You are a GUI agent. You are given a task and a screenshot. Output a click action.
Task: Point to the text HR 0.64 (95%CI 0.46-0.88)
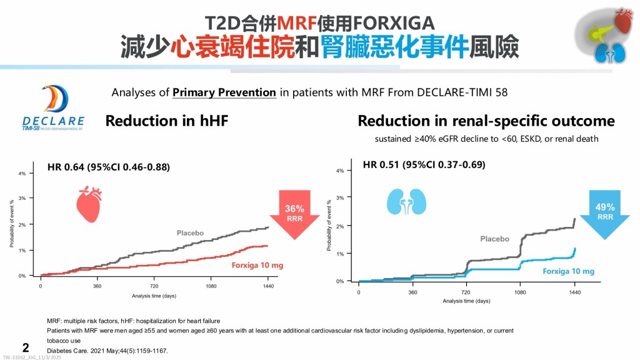109,167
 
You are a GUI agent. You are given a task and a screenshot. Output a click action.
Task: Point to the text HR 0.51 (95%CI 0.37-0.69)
424,165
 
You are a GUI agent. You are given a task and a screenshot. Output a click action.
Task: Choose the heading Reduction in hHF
166,121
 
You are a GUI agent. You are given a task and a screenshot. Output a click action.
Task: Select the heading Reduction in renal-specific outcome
486,121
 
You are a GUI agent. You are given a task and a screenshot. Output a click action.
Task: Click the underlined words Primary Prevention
224,92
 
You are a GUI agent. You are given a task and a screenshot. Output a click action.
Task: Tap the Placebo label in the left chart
190,233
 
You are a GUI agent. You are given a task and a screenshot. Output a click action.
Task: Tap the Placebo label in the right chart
494,239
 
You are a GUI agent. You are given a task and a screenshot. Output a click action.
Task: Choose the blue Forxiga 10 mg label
568,271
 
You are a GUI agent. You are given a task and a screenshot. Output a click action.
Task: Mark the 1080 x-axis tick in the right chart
520,292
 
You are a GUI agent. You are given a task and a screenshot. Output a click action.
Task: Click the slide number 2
26,347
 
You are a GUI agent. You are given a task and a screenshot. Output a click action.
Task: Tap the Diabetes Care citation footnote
107,350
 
